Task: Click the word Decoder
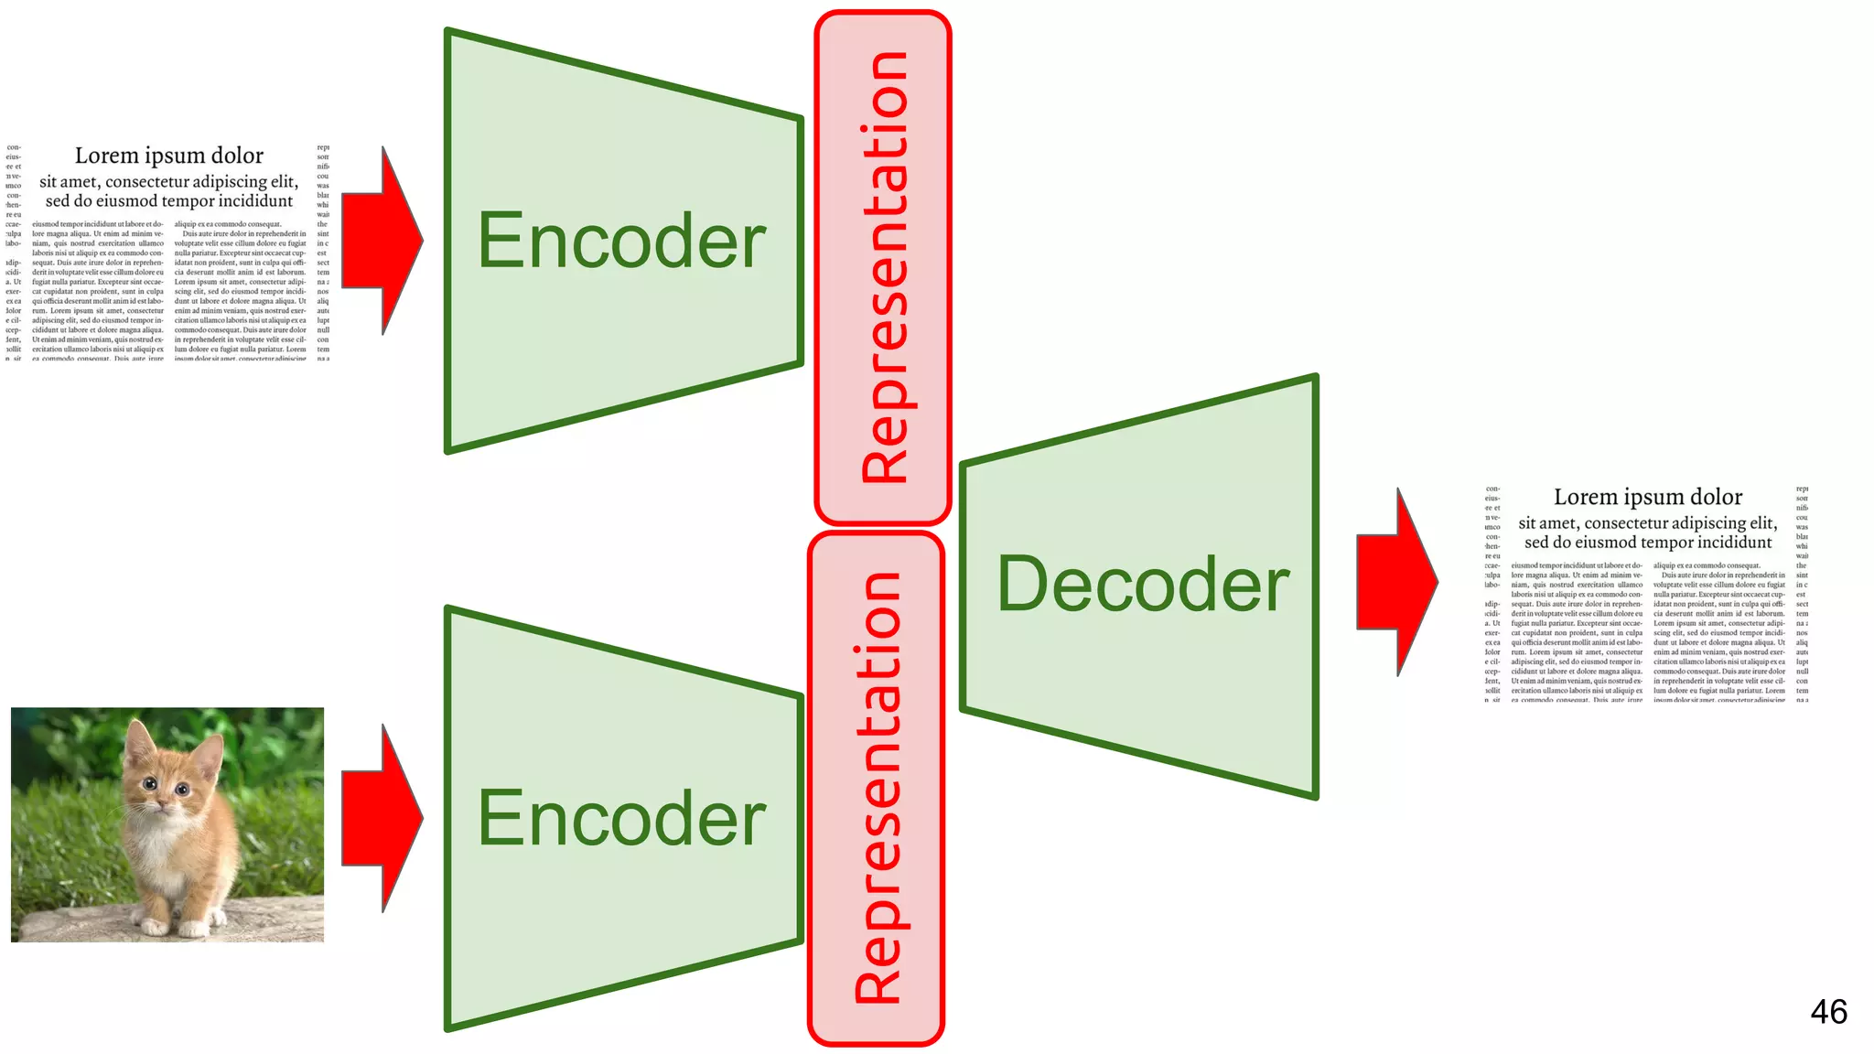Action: (1143, 585)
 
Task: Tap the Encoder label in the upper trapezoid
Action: (621, 241)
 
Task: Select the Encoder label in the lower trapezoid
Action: (621, 819)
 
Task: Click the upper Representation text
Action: (884, 267)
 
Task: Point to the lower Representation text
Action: (877, 789)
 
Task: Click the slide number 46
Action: (1828, 1012)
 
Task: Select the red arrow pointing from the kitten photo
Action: (380, 818)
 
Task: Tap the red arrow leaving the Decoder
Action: (1395, 582)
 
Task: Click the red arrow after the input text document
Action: (380, 241)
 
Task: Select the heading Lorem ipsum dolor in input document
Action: (169, 156)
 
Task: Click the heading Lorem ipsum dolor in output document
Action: (1648, 497)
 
